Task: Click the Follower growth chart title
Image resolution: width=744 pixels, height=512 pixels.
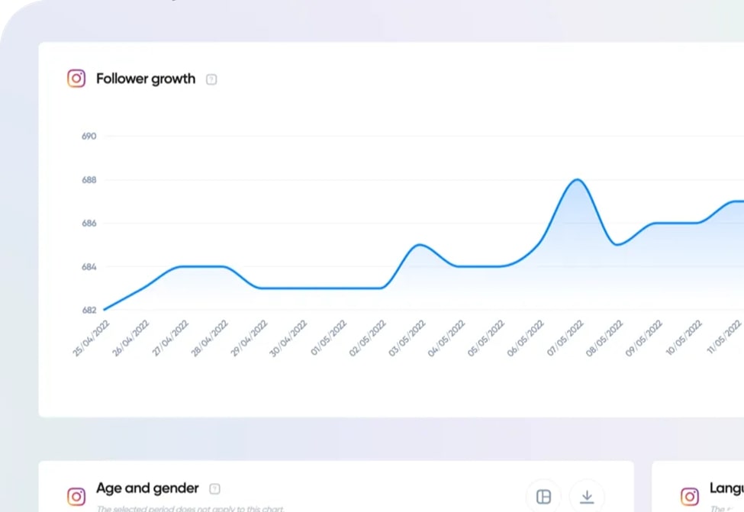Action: coord(145,79)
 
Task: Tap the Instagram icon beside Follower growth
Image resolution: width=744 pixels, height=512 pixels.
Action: coord(76,79)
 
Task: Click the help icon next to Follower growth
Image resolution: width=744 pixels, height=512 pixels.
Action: coord(211,79)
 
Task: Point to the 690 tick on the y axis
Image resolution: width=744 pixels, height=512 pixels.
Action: coord(89,137)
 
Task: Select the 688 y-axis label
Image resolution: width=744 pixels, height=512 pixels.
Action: coord(89,180)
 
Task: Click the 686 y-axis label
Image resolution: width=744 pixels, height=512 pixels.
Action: coord(89,224)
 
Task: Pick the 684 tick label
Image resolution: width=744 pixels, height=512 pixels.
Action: coord(89,267)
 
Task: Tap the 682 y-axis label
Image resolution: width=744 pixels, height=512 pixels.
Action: coord(89,310)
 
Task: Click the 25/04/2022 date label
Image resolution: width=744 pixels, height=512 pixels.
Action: coord(91,339)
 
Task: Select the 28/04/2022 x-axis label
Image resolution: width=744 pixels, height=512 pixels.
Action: coord(209,339)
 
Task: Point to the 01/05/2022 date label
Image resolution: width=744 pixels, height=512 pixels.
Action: coord(328,339)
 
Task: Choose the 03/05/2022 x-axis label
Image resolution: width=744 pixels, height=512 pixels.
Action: coord(407,339)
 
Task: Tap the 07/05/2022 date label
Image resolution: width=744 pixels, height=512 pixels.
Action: coord(565,339)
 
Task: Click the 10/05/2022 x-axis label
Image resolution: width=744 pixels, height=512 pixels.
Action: coord(684,339)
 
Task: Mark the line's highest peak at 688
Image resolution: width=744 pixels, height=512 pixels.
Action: coord(578,180)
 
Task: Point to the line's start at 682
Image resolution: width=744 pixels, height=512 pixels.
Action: coord(105,309)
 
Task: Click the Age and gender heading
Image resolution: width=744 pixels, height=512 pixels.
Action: coord(147,488)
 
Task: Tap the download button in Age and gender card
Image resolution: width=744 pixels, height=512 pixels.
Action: coord(587,497)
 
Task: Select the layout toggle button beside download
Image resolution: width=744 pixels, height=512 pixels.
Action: coord(544,497)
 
